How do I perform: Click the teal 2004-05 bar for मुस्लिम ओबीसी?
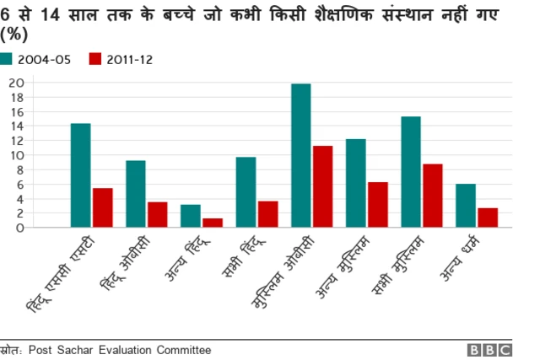point(300,155)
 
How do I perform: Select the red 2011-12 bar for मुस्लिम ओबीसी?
point(322,186)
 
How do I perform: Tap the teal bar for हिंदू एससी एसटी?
point(80,175)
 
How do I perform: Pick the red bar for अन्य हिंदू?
point(213,223)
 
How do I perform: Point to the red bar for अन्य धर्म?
point(488,218)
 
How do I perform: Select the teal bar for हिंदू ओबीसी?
point(135,194)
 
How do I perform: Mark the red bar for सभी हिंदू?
point(267,214)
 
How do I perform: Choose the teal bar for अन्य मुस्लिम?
point(355,183)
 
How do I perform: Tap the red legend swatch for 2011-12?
point(95,59)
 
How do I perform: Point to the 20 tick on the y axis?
point(16,83)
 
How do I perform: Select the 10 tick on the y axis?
point(16,155)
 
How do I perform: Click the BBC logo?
point(489,350)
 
